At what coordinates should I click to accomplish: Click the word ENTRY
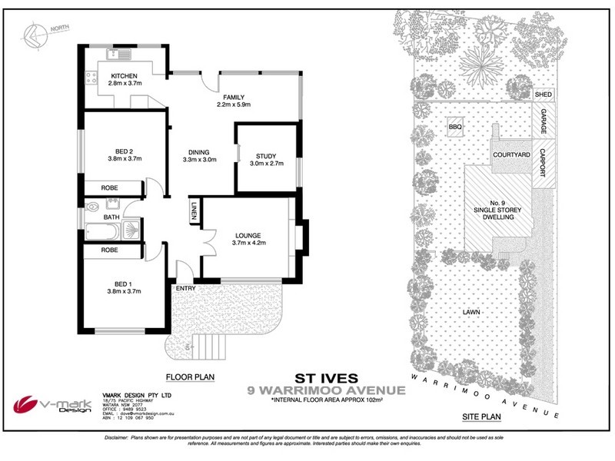click(185, 289)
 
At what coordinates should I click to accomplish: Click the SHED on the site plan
click(544, 94)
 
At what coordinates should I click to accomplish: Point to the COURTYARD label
click(512, 155)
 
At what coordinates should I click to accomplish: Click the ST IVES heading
click(314, 378)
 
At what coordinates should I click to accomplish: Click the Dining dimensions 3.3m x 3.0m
click(201, 160)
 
